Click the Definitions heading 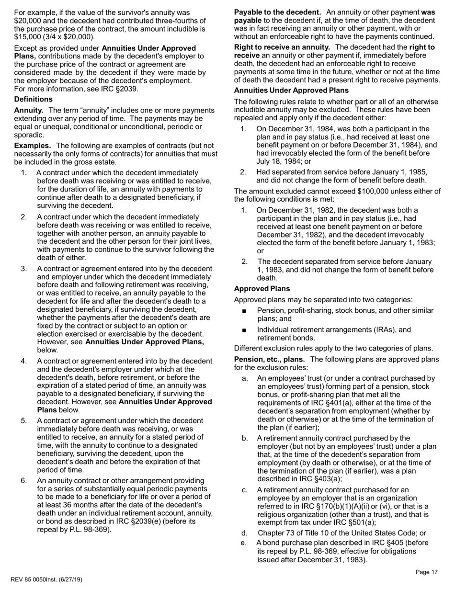tap(34, 99)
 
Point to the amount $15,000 tap(28, 37)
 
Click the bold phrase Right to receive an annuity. tap(282, 47)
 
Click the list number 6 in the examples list tap(24, 481)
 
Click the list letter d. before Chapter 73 tap(245, 533)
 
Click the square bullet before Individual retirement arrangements tap(245, 330)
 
